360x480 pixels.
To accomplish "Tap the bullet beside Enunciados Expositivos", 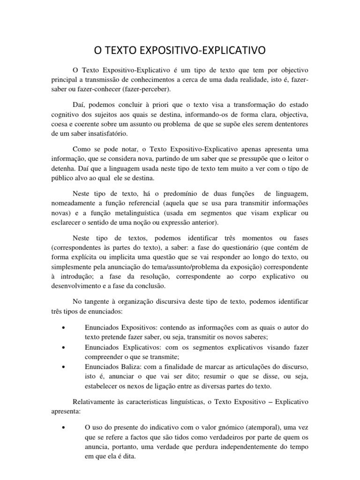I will (63, 326).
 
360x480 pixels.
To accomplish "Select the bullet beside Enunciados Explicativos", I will (63, 347).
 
